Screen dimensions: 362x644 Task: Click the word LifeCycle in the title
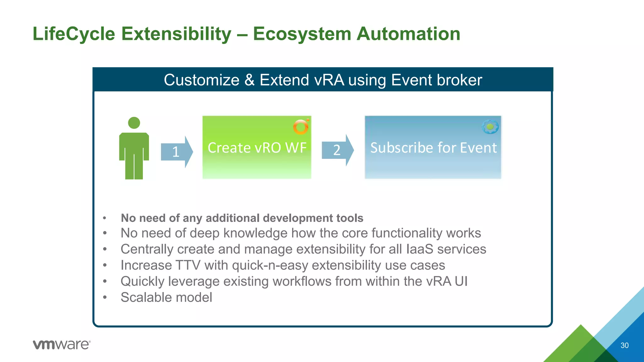(x=74, y=34)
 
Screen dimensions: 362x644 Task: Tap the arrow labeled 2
(x=337, y=150)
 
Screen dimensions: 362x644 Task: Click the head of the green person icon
(x=134, y=123)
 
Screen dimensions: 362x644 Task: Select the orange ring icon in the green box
(x=301, y=127)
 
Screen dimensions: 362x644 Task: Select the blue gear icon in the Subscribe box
(x=490, y=127)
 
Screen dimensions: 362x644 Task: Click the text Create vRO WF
(x=257, y=148)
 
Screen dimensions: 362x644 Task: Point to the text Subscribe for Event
(x=433, y=148)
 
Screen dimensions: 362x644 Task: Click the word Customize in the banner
(x=202, y=80)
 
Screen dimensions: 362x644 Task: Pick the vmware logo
(x=62, y=344)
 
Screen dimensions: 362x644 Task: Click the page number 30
(x=624, y=345)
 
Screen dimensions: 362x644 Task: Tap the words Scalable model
(x=166, y=297)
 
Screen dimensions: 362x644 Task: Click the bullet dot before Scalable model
(x=105, y=298)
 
